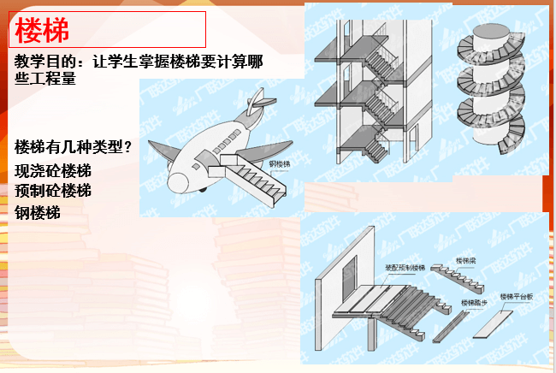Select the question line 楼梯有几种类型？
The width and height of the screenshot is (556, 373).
click(74, 147)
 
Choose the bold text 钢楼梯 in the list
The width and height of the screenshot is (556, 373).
click(39, 211)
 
